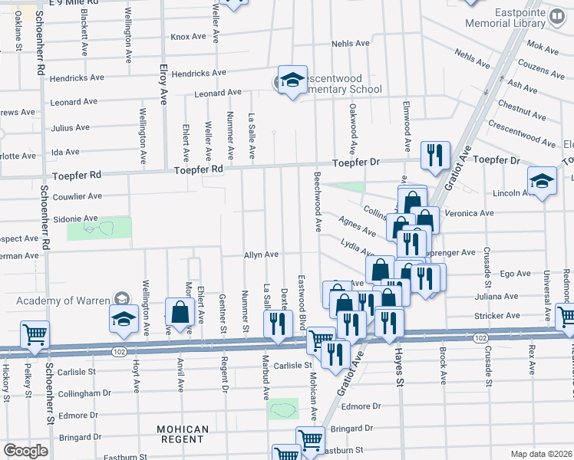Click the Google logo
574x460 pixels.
tap(25, 451)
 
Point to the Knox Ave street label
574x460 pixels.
tap(189, 36)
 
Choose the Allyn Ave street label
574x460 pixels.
tap(261, 255)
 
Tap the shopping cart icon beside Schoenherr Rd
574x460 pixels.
tap(35, 334)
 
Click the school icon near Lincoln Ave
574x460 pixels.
tap(542, 182)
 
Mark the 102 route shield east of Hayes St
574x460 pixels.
tap(480, 338)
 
